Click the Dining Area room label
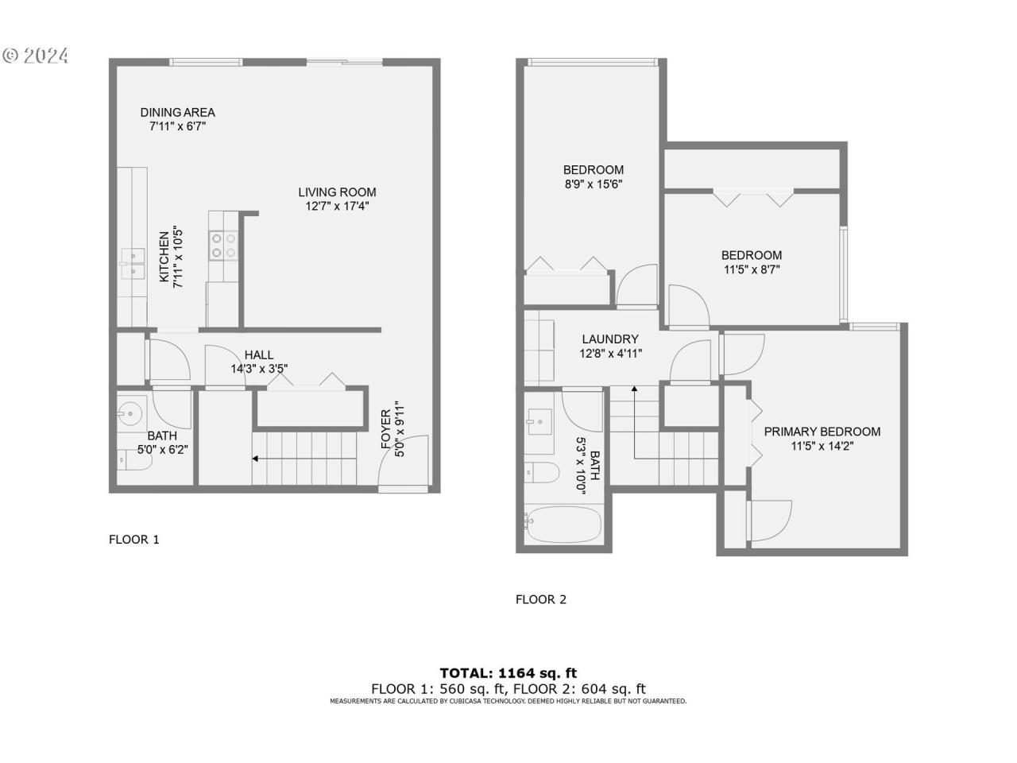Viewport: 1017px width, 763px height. (177, 113)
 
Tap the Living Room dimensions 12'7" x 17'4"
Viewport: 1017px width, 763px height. (337, 206)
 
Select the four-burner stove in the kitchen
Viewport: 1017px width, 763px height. (223, 246)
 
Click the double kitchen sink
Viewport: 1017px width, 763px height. (133, 264)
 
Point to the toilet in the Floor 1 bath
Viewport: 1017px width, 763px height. (134, 460)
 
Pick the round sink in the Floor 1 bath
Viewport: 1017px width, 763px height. (130, 412)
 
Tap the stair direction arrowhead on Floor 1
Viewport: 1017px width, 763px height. (255, 459)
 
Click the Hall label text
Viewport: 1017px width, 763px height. (258, 354)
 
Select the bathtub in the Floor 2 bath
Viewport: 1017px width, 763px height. (564, 525)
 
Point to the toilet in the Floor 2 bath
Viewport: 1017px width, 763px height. (542, 473)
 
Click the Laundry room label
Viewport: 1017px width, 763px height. (610, 339)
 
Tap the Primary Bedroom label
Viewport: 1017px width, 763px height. (822, 432)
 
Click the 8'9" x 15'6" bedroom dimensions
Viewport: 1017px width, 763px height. (593, 184)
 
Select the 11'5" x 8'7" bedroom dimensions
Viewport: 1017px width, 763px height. (752, 269)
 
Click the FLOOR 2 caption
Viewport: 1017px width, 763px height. (541, 599)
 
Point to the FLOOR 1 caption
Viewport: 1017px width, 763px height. (134, 539)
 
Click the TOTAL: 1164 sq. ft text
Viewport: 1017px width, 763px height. (508, 672)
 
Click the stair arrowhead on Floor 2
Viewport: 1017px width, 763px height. (634, 388)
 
